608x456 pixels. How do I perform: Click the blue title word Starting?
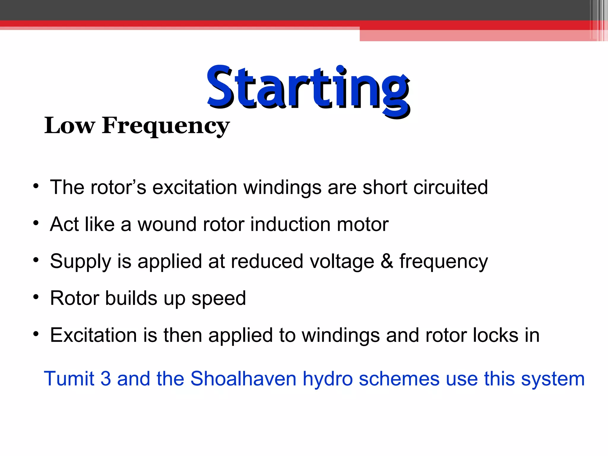[308, 88]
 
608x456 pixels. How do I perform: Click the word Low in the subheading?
[69, 126]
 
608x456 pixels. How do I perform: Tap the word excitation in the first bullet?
[194, 187]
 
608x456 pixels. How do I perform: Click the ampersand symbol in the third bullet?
[387, 261]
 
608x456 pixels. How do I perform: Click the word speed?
[218, 299]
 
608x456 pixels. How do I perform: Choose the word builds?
[131, 298]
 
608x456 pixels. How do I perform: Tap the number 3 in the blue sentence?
[106, 379]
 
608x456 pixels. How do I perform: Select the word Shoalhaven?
[243, 379]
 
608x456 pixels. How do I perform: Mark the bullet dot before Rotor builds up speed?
[36, 297]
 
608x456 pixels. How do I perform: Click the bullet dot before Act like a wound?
[36, 223]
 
